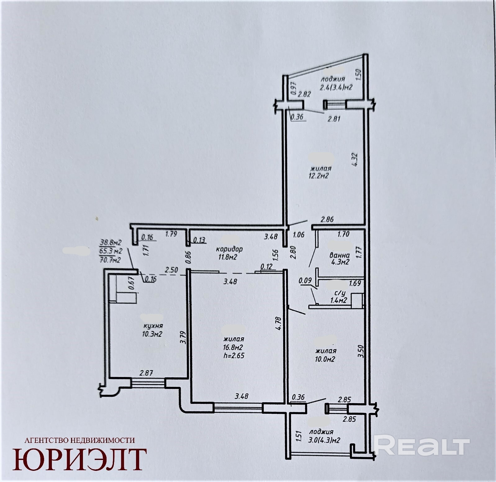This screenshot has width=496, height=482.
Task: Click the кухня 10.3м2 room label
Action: point(153,330)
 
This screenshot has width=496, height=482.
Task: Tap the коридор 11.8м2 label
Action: point(230,252)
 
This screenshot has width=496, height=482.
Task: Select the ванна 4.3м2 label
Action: point(339,259)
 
